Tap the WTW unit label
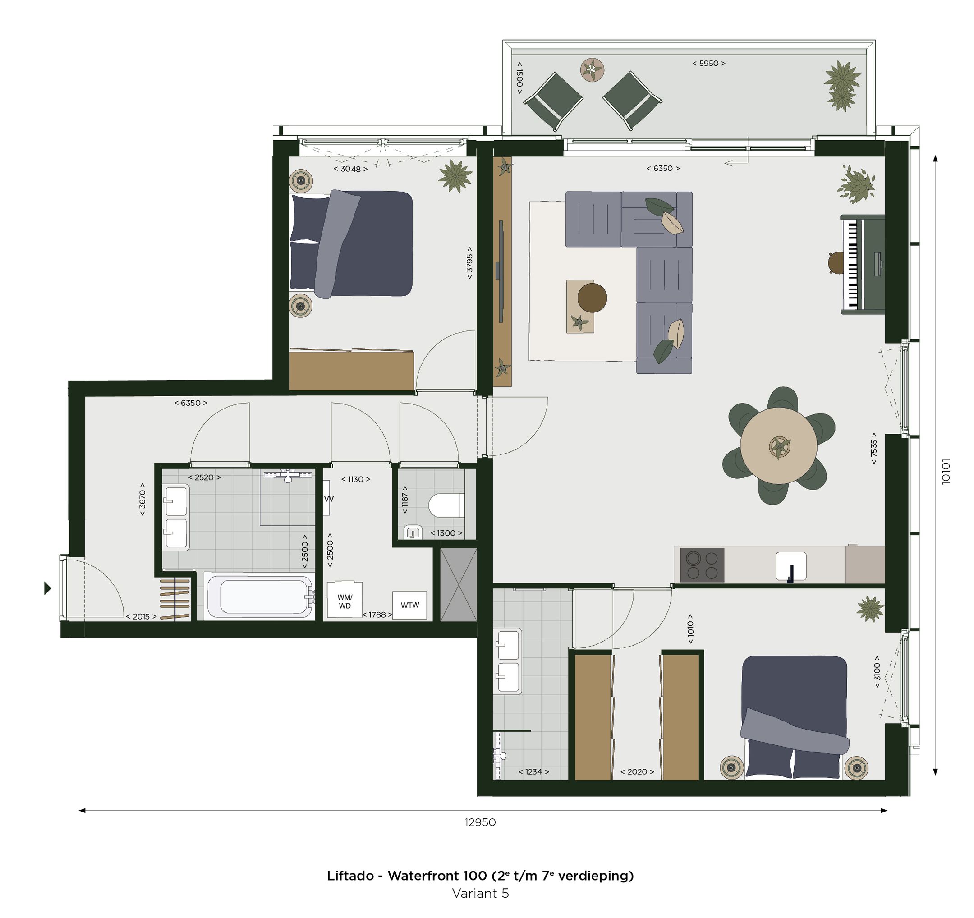point(409,605)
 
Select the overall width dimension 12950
point(480,822)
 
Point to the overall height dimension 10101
point(946,471)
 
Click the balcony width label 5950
point(708,63)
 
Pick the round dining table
point(778,446)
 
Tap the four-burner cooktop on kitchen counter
point(702,565)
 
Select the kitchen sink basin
point(791,566)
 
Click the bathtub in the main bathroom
point(260,596)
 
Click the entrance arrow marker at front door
point(47,588)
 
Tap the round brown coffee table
point(592,297)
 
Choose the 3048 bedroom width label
point(350,169)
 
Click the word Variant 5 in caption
point(480,894)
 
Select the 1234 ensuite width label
point(533,771)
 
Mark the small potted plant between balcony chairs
point(592,70)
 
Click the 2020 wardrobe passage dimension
point(636,771)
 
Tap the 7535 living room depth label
point(873,448)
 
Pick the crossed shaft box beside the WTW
point(458,585)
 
